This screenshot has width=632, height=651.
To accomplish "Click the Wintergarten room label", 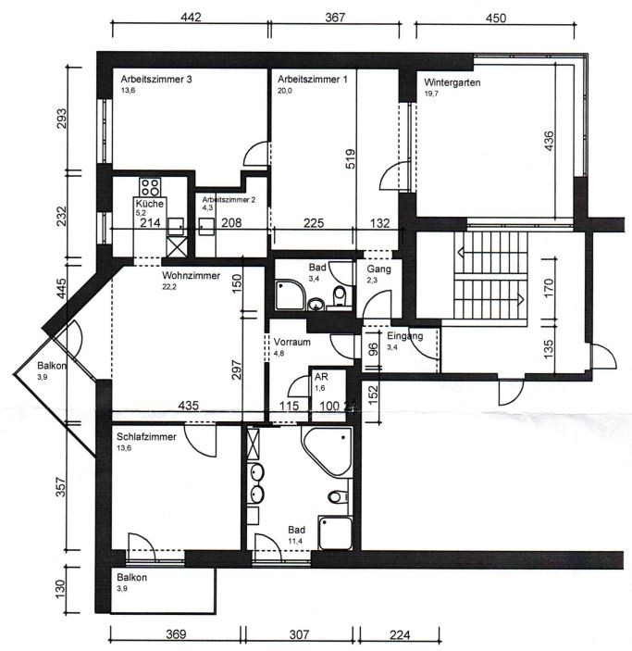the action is [x=452, y=82].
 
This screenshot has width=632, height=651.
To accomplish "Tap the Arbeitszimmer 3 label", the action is [x=156, y=79].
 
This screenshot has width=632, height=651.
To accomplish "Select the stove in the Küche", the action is [x=150, y=187].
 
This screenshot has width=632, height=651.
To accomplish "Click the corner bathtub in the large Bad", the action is [x=328, y=452].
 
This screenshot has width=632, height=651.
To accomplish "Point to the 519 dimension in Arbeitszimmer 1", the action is [x=351, y=159].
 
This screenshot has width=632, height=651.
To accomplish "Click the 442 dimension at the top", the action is [x=191, y=17].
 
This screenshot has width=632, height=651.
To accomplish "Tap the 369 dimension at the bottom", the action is [x=176, y=634].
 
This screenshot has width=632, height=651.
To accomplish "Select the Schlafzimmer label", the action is [x=146, y=437].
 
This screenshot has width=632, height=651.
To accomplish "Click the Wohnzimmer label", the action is [x=191, y=275].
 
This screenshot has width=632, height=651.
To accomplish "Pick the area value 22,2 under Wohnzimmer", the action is [x=169, y=286].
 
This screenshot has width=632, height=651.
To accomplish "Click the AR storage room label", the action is [x=321, y=377].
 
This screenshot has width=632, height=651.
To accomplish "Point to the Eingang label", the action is [x=405, y=336].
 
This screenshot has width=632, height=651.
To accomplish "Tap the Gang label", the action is [x=378, y=269].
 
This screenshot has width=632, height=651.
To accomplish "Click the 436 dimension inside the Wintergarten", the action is [x=549, y=141].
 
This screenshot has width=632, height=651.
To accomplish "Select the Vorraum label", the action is [x=292, y=342].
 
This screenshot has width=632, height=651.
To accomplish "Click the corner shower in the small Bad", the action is [x=290, y=294].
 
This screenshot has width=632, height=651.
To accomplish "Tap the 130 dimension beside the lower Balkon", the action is [x=60, y=589].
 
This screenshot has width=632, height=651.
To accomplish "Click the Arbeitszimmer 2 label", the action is [x=229, y=200].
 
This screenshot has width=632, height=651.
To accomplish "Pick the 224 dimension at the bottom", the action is [x=400, y=635].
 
